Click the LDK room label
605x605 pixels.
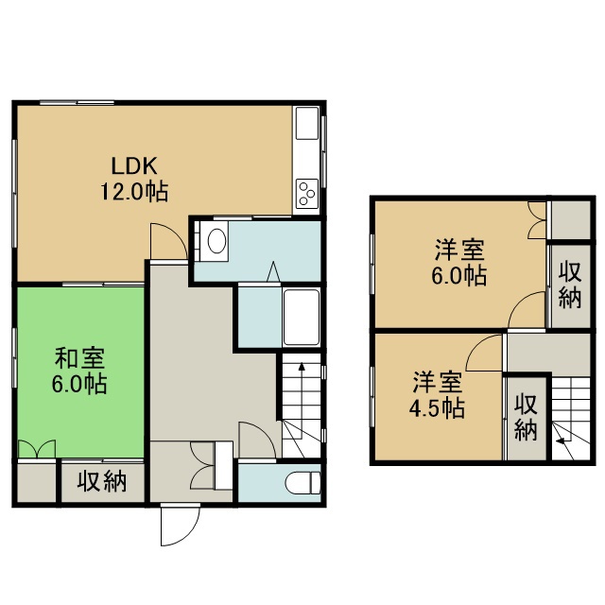pos(134,166)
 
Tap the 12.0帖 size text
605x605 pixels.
pos(134,191)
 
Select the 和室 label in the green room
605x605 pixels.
pos(79,358)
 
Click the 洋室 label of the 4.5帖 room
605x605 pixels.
pos(438,382)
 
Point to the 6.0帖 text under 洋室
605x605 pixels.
pos(458,275)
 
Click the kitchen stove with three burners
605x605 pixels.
pos(307,194)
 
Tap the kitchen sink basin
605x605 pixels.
pos(307,124)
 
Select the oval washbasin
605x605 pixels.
pos(216,242)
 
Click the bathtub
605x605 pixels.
pos(302,318)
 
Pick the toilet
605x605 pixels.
pos(303,483)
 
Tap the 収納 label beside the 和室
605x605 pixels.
pos(102,481)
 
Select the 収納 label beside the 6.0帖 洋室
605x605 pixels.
pos(570,285)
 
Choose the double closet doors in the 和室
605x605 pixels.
pos(37,448)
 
